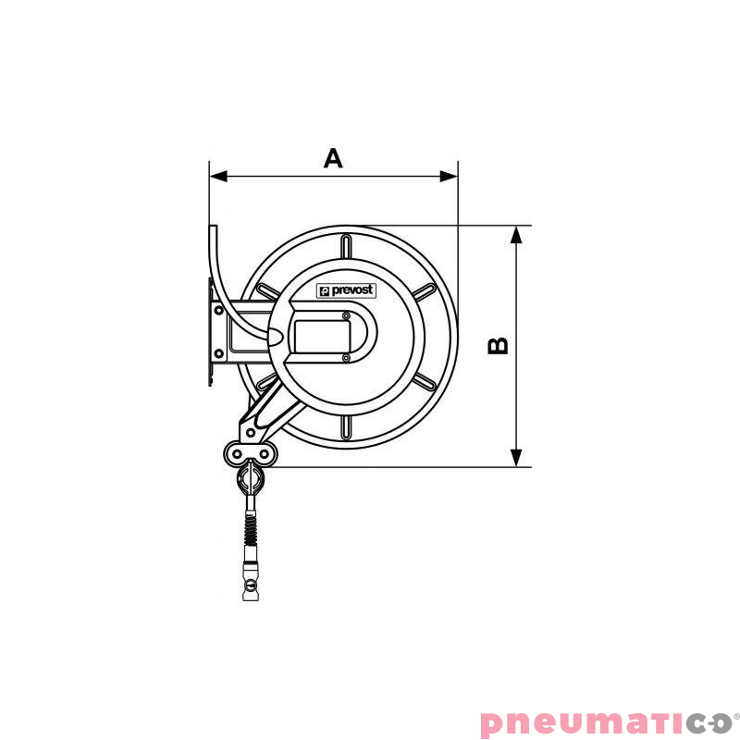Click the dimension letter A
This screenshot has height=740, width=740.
(x=333, y=157)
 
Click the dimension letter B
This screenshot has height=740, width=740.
(x=498, y=346)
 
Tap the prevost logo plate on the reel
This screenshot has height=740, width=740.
(x=346, y=290)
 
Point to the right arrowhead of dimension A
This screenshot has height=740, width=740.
(x=450, y=175)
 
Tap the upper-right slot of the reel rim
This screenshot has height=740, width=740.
(x=425, y=291)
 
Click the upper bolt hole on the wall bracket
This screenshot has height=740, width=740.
(x=218, y=314)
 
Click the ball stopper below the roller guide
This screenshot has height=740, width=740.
(x=250, y=479)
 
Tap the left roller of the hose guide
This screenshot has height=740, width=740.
(x=236, y=452)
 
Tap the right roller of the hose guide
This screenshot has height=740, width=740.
(x=265, y=452)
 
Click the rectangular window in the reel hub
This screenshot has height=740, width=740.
(x=319, y=335)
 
